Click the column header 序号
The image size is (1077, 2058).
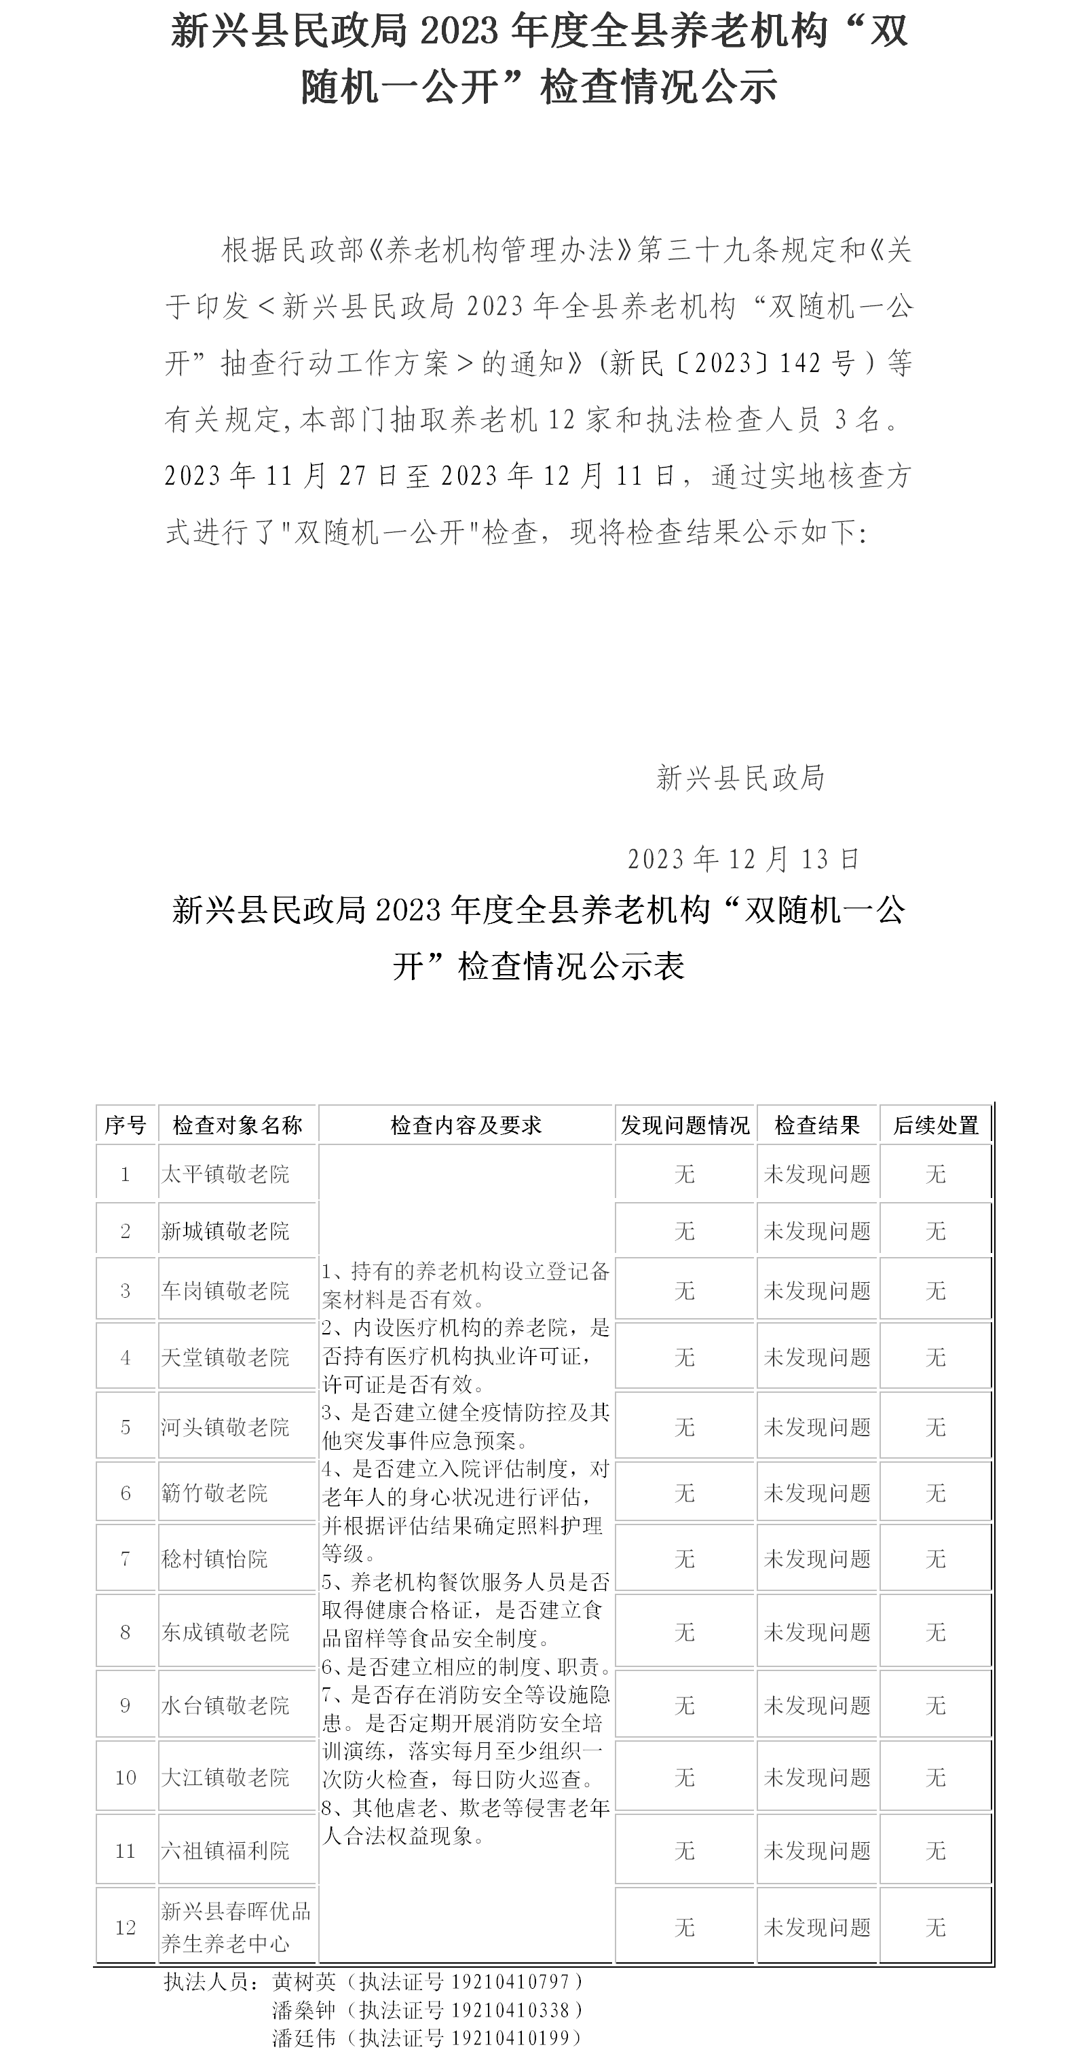(126, 1125)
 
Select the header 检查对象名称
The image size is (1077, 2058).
(238, 1125)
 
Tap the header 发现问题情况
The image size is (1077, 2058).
(685, 1125)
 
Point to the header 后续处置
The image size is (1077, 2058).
(936, 1125)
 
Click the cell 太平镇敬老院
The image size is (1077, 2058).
(225, 1174)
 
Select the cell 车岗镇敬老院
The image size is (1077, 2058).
(225, 1290)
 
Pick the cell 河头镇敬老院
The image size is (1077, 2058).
(225, 1427)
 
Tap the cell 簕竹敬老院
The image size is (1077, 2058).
(214, 1493)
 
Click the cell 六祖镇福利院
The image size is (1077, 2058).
(225, 1850)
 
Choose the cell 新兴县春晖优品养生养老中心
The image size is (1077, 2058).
(235, 1927)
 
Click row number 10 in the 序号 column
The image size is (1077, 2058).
(126, 1778)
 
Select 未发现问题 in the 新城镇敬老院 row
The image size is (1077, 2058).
(816, 1231)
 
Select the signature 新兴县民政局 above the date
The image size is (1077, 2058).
(740, 777)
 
